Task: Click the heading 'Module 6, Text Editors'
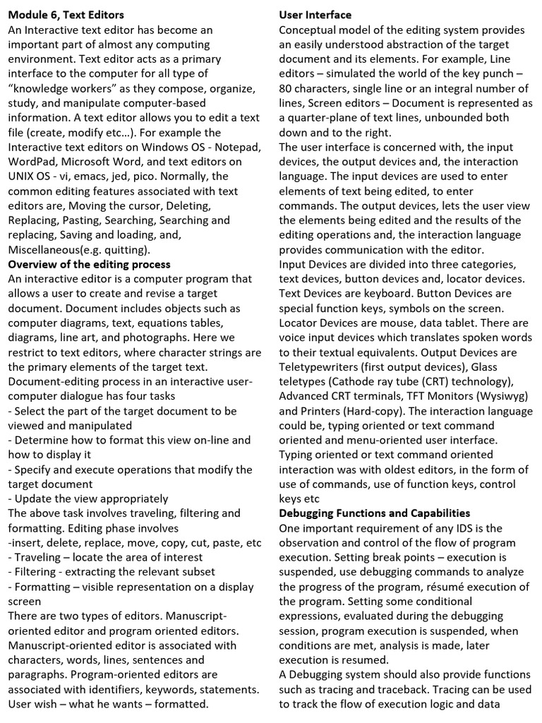66,14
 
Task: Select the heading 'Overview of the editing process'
89,264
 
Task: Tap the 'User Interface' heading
315,14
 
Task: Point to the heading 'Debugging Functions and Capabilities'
374,513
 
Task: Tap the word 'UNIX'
23,176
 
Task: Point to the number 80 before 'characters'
287,88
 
